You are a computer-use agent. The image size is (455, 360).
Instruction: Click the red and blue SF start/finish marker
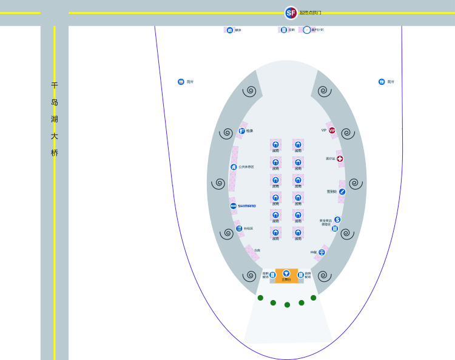(x=291, y=13)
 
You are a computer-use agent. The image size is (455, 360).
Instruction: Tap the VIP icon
(x=332, y=130)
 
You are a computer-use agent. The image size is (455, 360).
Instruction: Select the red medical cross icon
(x=340, y=159)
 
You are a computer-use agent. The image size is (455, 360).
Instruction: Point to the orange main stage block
(x=286, y=276)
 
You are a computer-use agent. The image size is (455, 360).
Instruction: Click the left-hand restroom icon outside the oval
(x=181, y=82)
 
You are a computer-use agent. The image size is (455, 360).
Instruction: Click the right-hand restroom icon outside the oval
(x=382, y=82)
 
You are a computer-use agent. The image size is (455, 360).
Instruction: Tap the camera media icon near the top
(x=230, y=30)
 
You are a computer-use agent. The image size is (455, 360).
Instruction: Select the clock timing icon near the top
(x=306, y=30)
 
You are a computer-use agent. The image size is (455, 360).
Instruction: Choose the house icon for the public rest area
(x=234, y=167)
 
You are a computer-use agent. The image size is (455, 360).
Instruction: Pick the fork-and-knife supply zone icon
(x=239, y=228)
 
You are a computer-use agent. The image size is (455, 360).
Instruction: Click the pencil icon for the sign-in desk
(x=342, y=192)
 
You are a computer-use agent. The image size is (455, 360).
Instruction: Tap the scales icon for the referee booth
(x=322, y=252)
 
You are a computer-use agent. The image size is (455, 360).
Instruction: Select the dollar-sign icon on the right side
(x=337, y=219)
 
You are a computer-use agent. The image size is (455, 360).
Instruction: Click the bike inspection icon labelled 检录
(x=241, y=130)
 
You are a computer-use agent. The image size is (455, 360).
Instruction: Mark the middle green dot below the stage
(x=287, y=305)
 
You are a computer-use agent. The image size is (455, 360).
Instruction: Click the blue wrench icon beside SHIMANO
(x=233, y=206)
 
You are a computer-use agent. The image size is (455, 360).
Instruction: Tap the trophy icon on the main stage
(x=286, y=273)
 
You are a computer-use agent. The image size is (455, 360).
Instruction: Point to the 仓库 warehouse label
(x=257, y=250)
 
